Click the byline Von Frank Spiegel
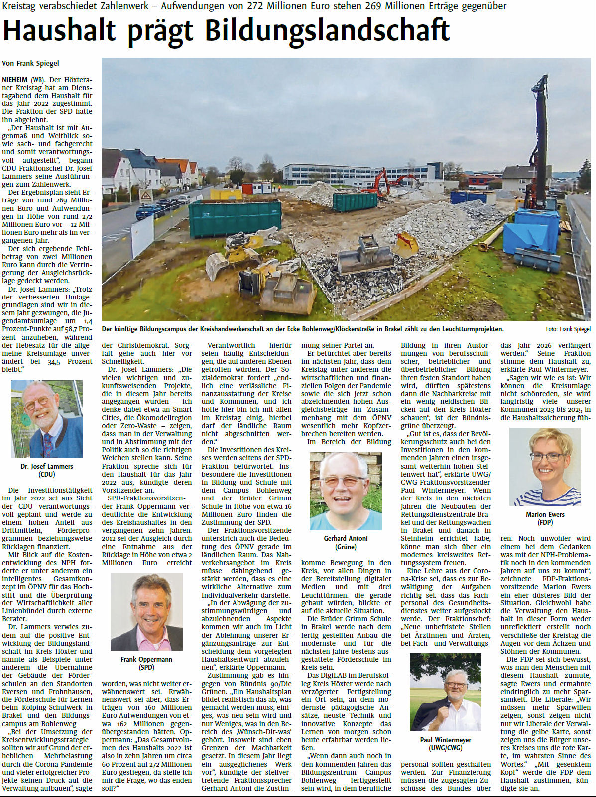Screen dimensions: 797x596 click(x=30, y=63)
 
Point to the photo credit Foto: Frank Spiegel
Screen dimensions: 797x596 click(x=568, y=329)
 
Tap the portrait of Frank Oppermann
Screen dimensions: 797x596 click(x=146, y=612)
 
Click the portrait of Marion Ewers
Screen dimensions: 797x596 click(x=545, y=467)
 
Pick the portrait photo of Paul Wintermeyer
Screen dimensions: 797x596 click(x=445, y=692)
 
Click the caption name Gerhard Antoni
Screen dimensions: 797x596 click(x=346, y=538)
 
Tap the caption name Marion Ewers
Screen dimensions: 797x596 click(x=545, y=514)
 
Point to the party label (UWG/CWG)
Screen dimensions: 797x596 click(x=445, y=748)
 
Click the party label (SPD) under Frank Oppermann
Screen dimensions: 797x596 click(x=146, y=667)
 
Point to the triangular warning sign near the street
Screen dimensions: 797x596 click(x=145, y=195)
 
